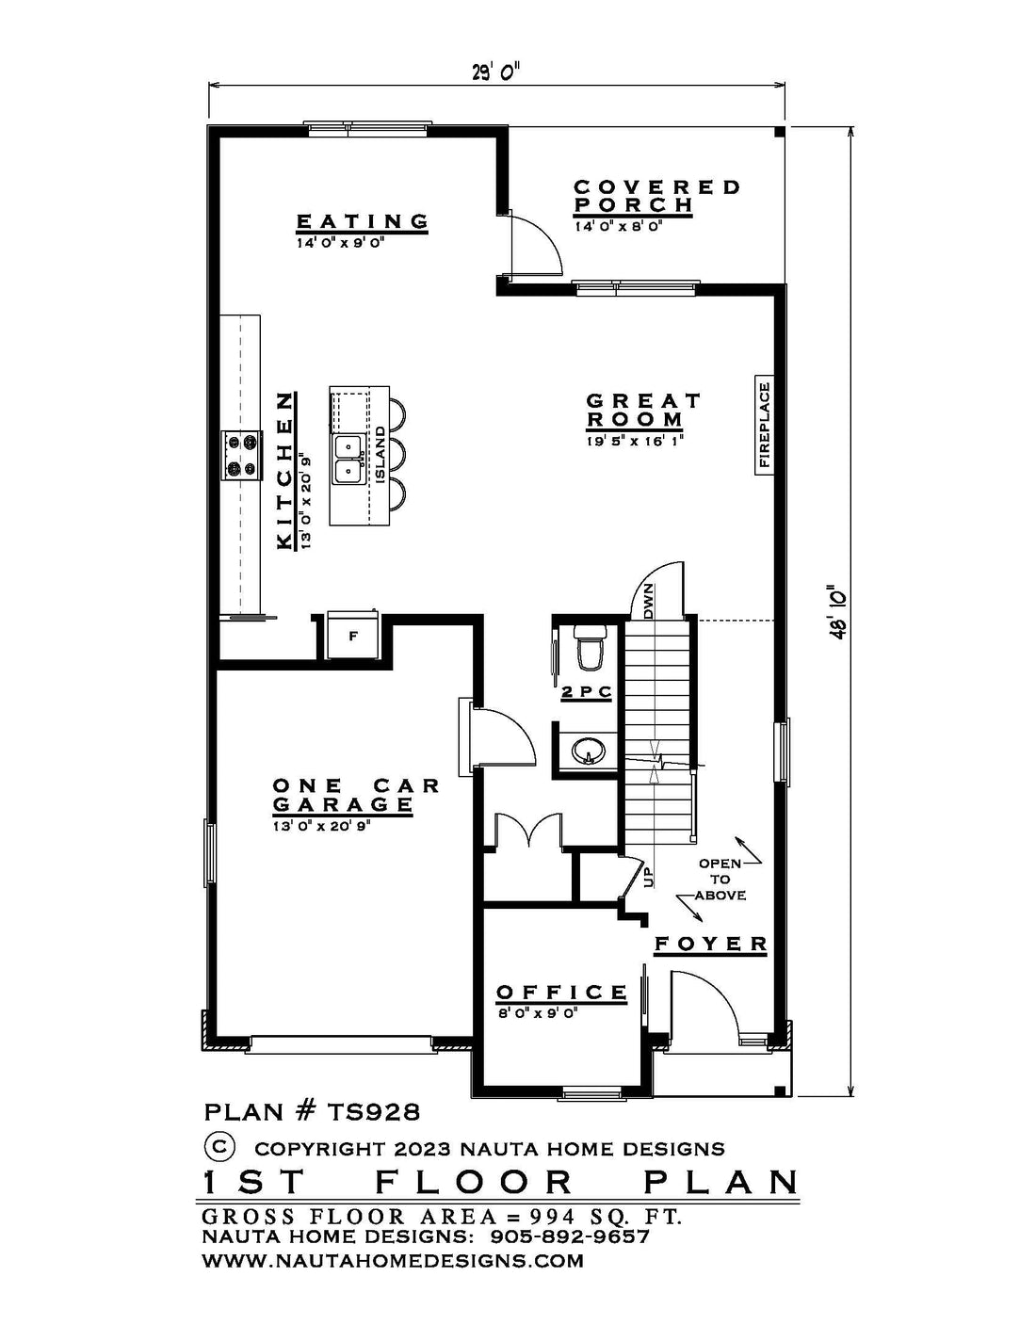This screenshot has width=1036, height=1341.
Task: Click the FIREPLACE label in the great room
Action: point(765,425)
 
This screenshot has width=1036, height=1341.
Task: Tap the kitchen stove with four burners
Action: point(240,454)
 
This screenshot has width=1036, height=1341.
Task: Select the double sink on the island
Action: point(348,458)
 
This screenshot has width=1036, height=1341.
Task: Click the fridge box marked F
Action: point(353,636)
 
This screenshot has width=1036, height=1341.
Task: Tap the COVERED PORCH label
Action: point(656,196)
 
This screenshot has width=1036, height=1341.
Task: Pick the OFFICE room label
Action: point(561,993)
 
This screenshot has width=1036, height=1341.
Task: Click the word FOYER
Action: point(711,944)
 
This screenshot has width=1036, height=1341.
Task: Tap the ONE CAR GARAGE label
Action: point(355,795)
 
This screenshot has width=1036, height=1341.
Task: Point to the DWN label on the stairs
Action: point(649,601)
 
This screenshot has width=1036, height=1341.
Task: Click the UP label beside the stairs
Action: point(647,877)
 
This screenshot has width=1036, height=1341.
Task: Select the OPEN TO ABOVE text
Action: point(720,879)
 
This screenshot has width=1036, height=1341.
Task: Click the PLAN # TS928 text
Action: point(312,1111)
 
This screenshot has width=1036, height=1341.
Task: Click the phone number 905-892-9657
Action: point(571,1236)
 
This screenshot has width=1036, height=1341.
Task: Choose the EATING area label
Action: point(363,221)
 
